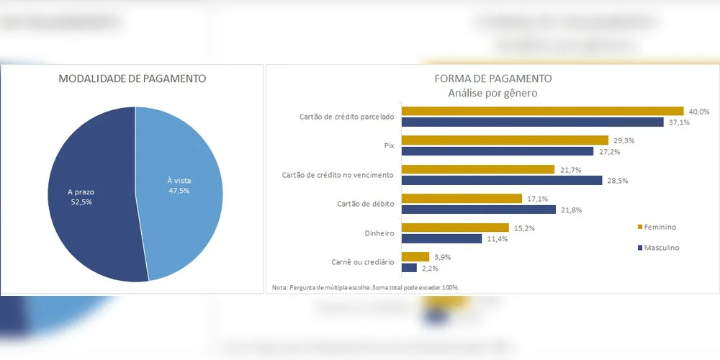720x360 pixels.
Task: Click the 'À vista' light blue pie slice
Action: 180,194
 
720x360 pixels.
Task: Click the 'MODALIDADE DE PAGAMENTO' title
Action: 132,78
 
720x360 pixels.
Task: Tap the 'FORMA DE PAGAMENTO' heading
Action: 493,78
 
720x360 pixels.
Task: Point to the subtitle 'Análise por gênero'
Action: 493,93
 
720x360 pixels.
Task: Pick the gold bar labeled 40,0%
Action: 542,112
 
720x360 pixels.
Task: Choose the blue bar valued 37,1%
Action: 532,122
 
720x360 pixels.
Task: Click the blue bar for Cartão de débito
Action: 479,210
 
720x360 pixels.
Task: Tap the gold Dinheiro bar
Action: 455,228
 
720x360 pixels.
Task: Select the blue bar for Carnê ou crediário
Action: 409,268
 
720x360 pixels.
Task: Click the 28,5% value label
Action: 617,181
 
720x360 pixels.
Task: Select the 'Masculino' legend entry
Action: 658,248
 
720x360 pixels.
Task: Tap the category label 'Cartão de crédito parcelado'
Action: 346,117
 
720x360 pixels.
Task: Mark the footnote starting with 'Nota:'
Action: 365,287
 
